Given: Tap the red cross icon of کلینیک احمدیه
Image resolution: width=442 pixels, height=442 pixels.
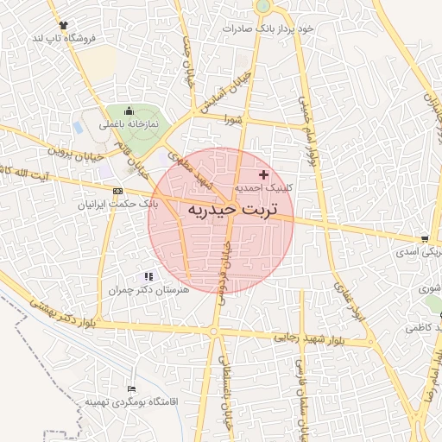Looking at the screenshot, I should [263, 175].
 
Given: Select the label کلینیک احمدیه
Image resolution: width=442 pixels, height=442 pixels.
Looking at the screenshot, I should [264, 187].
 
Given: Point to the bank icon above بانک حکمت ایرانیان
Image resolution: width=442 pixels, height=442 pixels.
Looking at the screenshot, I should [118, 191].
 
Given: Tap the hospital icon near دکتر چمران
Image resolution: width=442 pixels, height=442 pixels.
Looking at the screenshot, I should [148, 276].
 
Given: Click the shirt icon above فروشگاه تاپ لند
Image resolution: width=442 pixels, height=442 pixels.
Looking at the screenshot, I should [63, 25].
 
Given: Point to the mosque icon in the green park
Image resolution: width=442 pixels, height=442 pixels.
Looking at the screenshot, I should [129, 110].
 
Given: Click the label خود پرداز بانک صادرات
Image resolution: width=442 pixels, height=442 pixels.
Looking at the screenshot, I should [268, 28].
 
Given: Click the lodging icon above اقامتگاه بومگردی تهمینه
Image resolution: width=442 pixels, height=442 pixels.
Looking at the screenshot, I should [131, 389].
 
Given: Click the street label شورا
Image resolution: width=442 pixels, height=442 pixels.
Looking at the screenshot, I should [229, 120].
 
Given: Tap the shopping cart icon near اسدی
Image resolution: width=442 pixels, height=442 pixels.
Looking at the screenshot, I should [424, 239].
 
